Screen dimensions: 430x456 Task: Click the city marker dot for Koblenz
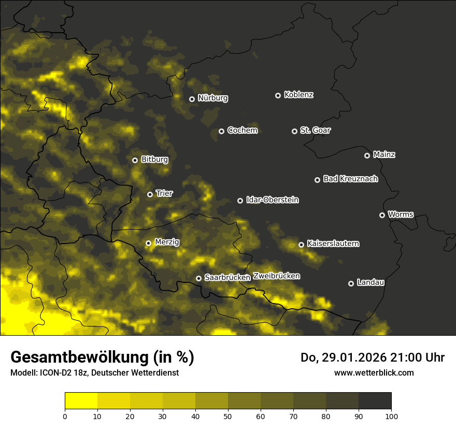click(278, 95)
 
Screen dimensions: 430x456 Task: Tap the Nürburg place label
click(212, 98)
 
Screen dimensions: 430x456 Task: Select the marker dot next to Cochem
click(221, 131)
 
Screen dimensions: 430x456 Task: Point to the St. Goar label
click(315, 130)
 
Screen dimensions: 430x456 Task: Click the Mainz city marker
click(367, 155)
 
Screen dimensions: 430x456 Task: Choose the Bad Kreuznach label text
click(350, 179)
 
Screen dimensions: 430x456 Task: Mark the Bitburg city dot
click(135, 160)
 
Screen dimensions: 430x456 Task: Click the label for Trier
click(164, 193)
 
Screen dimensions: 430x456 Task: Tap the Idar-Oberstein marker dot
click(240, 200)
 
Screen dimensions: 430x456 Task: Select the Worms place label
click(401, 214)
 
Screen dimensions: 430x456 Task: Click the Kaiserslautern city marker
click(301, 245)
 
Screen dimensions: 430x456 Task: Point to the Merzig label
click(167, 242)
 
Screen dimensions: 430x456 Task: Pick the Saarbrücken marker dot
click(198, 278)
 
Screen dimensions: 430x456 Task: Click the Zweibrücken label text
click(276, 276)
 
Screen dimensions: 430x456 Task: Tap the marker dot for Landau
click(351, 283)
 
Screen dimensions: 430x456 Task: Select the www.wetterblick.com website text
click(374, 372)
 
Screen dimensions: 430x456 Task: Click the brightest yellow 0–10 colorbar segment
click(81, 401)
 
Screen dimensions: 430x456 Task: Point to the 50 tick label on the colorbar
click(228, 416)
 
